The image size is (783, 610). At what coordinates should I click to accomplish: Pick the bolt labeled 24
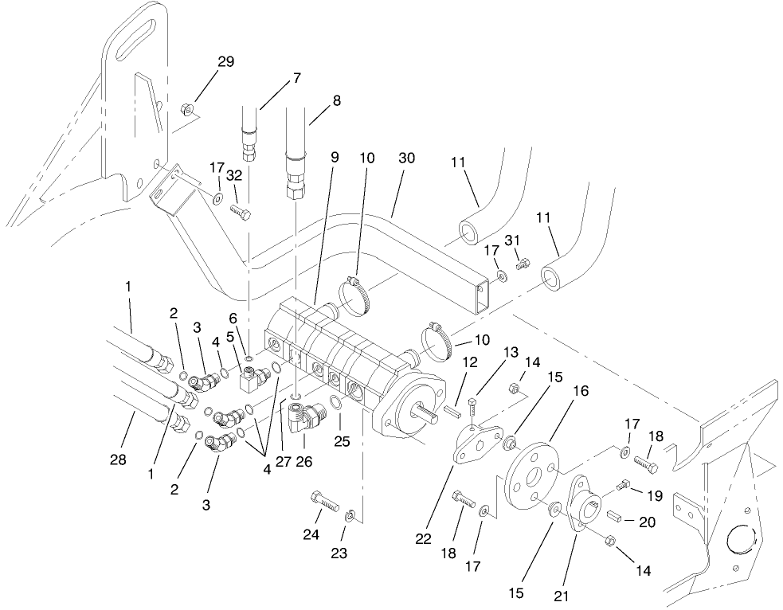pyautogui.click(x=324, y=502)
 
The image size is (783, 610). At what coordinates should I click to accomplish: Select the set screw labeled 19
pyautogui.click(x=623, y=485)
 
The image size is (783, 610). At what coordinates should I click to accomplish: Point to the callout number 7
pyautogui.click(x=296, y=78)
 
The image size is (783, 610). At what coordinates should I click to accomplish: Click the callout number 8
pyautogui.click(x=336, y=102)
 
